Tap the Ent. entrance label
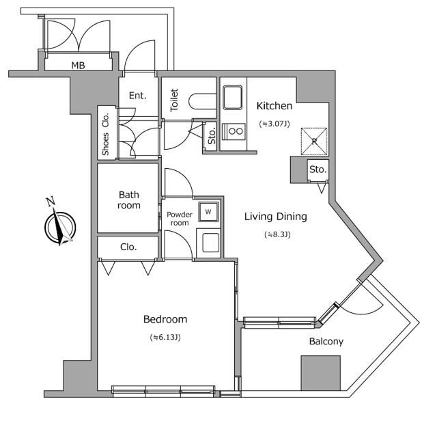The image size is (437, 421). [137, 96]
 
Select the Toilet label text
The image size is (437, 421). [174, 100]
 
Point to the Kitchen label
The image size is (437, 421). [274, 106]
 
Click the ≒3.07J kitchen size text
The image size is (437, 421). [274, 124]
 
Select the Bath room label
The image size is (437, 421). [128, 200]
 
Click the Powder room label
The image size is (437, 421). [178, 218]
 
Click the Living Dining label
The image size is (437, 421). [276, 217]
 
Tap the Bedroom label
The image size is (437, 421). [165, 319]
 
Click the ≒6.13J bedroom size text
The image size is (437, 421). [165, 337]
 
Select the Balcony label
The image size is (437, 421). [326, 341]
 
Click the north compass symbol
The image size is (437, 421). [59, 225]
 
